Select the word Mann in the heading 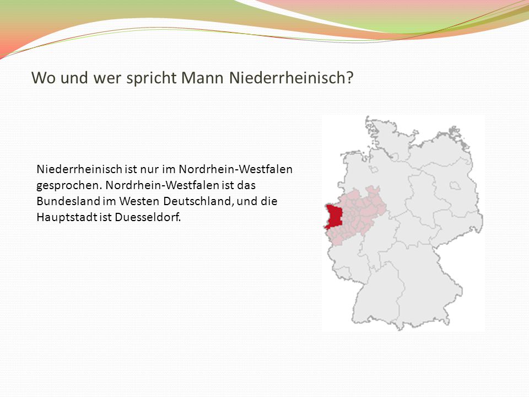202,78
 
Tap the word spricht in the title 152,78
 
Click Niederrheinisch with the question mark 292,78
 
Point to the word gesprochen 69,186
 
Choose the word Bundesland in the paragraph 69,201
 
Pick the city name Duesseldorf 148,217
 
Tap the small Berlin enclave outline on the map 455,185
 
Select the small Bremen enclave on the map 373,169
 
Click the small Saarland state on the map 344,272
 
